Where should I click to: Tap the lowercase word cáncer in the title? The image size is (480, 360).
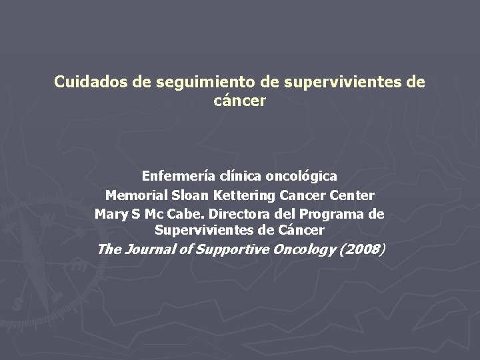pyautogui.click(x=240, y=101)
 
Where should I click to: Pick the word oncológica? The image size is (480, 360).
pyautogui.click(x=301, y=177)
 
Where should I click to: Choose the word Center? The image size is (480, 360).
pyautogui.click(x=351, y=196)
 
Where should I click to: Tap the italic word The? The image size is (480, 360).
pyautogui.click(x=109, y=250)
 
